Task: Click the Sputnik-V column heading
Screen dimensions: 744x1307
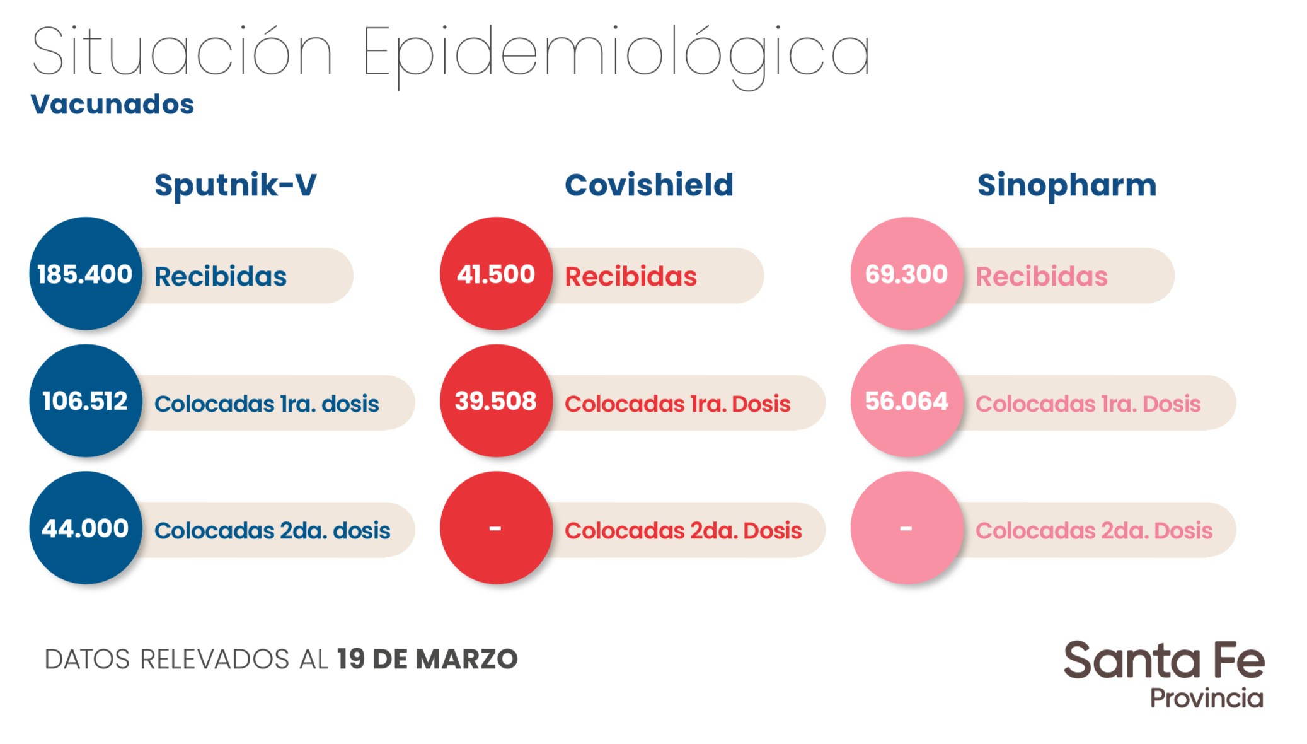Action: point(235,185)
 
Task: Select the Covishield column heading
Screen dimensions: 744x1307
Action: point(648,185)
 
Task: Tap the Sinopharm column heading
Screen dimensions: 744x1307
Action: point(1066,185)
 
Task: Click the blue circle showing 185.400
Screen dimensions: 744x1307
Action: point(85,274)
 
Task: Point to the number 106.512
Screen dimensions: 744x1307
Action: point(85,401)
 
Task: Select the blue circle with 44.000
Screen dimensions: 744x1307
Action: point(85,528)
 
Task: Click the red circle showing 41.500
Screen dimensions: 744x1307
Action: point(496,274)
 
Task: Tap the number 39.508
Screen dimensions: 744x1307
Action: point(496,401)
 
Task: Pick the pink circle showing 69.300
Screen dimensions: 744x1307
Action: point(906,274)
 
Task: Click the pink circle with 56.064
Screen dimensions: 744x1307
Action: point(906,401)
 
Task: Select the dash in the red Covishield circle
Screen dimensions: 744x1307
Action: point(495,528)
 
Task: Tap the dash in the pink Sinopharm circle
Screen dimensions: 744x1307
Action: point(906,528)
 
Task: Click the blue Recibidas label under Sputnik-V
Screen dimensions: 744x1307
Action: point(221,277)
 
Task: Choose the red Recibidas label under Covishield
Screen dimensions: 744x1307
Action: point(631,277)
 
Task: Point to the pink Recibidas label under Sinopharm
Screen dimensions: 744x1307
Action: point(1041,277)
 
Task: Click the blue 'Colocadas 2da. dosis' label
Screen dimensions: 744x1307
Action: point(272,531)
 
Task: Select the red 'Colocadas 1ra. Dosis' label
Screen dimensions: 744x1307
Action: point(677,404)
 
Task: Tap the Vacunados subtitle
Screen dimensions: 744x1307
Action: point(112,105)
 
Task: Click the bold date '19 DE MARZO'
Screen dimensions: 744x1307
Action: point(427,660)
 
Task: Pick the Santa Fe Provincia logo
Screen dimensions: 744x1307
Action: point(1164,673)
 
